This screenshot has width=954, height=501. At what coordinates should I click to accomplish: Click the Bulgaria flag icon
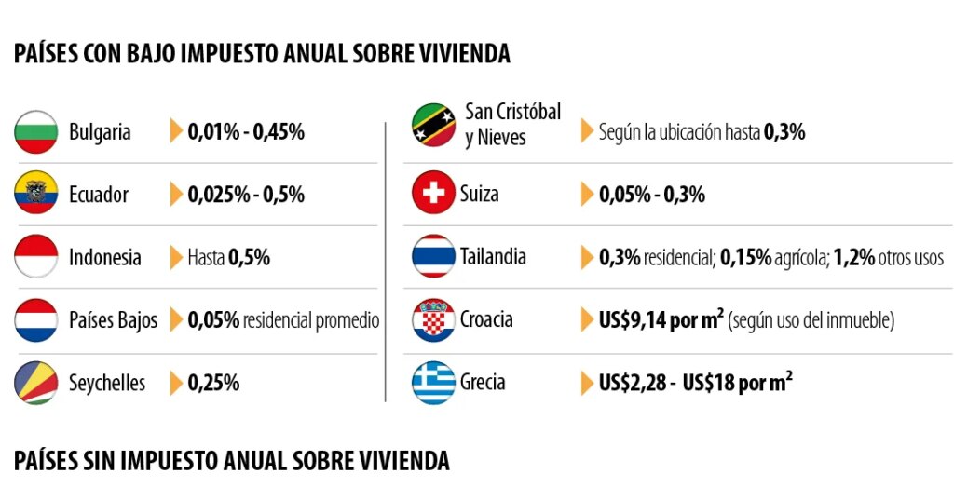pyautogui.click(x=36, y=132)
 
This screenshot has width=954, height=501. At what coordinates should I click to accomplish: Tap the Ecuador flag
pyautogui.click(x=36, y=193)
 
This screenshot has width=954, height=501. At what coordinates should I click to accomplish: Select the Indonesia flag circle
pyautogui.click(x=36, y=256)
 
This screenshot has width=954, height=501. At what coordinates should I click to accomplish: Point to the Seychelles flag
pyautogui.click(x=36, y=383)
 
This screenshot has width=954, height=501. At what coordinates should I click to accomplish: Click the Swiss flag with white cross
pyautogui.click(x=433, y=193)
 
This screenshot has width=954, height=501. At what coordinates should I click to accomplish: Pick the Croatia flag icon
pyautogui.click(x=433, y=319)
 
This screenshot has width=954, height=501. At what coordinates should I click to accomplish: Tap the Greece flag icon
pyautogui.click(x=433, y=383)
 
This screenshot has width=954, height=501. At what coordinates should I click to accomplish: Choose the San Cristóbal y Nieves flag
pyautogui.click(x=433, y=125)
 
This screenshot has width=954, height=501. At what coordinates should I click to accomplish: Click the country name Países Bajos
pyautogui.click(x=113, y=320)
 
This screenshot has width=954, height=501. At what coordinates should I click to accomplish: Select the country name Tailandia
pyautogui.click(x=493, y=257)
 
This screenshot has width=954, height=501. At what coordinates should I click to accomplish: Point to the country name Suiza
pyautogui.click(x=480, y=194)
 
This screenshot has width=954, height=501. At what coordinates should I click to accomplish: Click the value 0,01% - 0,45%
pyautogui.click(x=246, y=132)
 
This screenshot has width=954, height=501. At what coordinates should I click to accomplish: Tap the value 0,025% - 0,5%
pyautogui.click(x=246, y=195)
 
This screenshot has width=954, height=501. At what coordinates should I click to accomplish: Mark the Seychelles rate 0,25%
pyautogui.click(x=213, y=383)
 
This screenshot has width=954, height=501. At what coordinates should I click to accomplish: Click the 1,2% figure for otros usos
pyautogui.click(x=853, y=257)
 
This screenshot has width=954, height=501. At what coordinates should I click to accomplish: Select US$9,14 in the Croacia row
pyautogui.click(x=633, y=319)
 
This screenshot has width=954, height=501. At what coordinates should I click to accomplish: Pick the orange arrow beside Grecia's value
pyautogui.click(x=587, y=383)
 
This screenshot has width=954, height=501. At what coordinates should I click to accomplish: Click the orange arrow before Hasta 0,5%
pyautogui.click(x=176, y=257)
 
